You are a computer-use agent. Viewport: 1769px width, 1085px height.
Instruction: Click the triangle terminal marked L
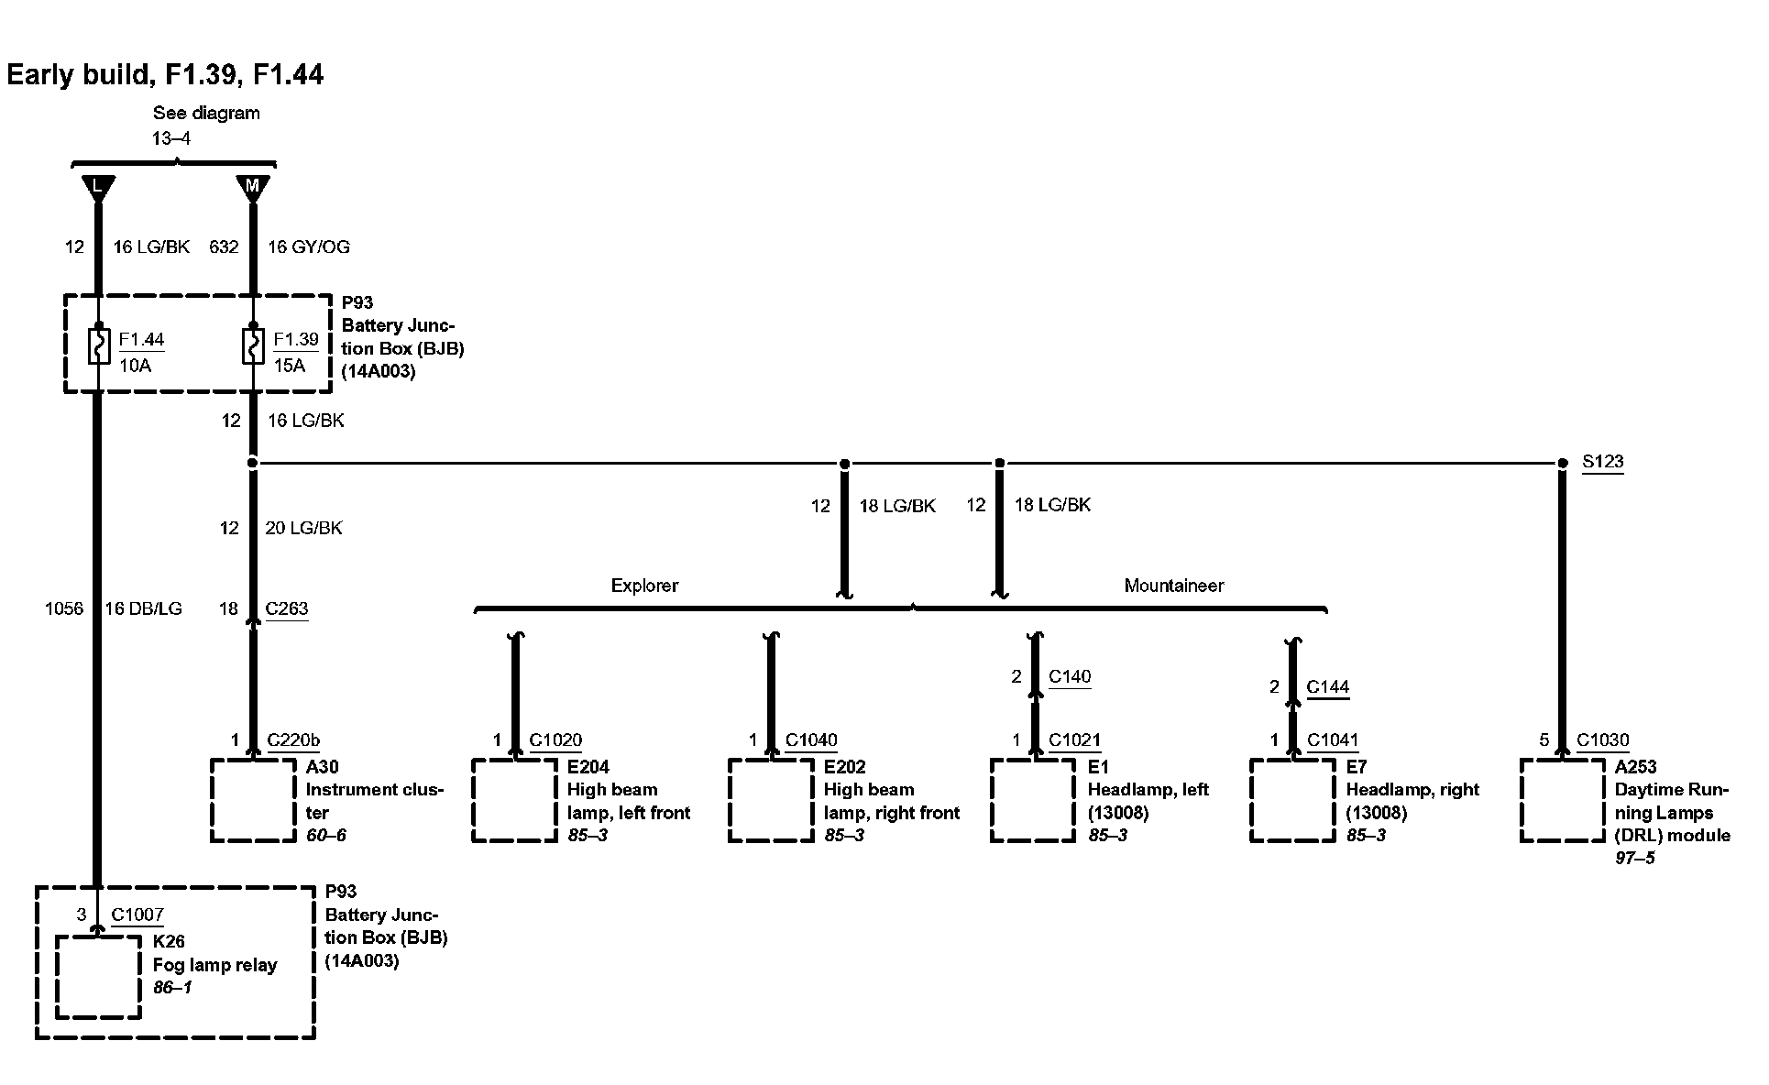[97, 187]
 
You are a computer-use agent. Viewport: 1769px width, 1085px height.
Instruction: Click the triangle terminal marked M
[253, 187]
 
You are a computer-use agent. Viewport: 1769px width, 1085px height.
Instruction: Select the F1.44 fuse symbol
[98, 347]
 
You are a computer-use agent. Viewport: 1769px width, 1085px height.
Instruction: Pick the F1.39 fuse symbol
[253, 347]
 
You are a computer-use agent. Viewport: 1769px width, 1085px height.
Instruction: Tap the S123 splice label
[1602, 462]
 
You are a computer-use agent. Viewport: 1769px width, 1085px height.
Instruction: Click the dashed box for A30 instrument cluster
[253, 799]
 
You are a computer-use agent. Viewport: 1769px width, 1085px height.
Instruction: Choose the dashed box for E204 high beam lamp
[515, 799]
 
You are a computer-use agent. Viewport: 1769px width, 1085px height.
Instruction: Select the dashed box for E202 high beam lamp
[771, 799]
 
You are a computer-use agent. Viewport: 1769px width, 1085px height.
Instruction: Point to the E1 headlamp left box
[1033, 799]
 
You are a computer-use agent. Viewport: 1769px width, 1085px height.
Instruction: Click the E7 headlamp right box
[1292, 799]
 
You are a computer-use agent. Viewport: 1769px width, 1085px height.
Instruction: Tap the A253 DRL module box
[1563, 799]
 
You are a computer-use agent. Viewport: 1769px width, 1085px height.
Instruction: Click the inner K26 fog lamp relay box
[98, 976]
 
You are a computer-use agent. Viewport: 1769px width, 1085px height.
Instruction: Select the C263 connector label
[287, 608]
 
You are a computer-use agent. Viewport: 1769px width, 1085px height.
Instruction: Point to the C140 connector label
[1070, 676]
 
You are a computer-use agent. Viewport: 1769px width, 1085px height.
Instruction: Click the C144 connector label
[1327, 686]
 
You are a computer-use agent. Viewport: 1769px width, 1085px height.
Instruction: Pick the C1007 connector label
[137, 914]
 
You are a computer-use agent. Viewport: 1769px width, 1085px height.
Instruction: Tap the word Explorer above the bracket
[644, 586]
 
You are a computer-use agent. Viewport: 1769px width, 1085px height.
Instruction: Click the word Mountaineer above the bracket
[1173, 586]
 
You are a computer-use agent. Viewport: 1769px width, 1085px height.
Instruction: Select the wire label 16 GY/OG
[308, 247]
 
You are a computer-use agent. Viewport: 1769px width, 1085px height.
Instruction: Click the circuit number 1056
[64, 608]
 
